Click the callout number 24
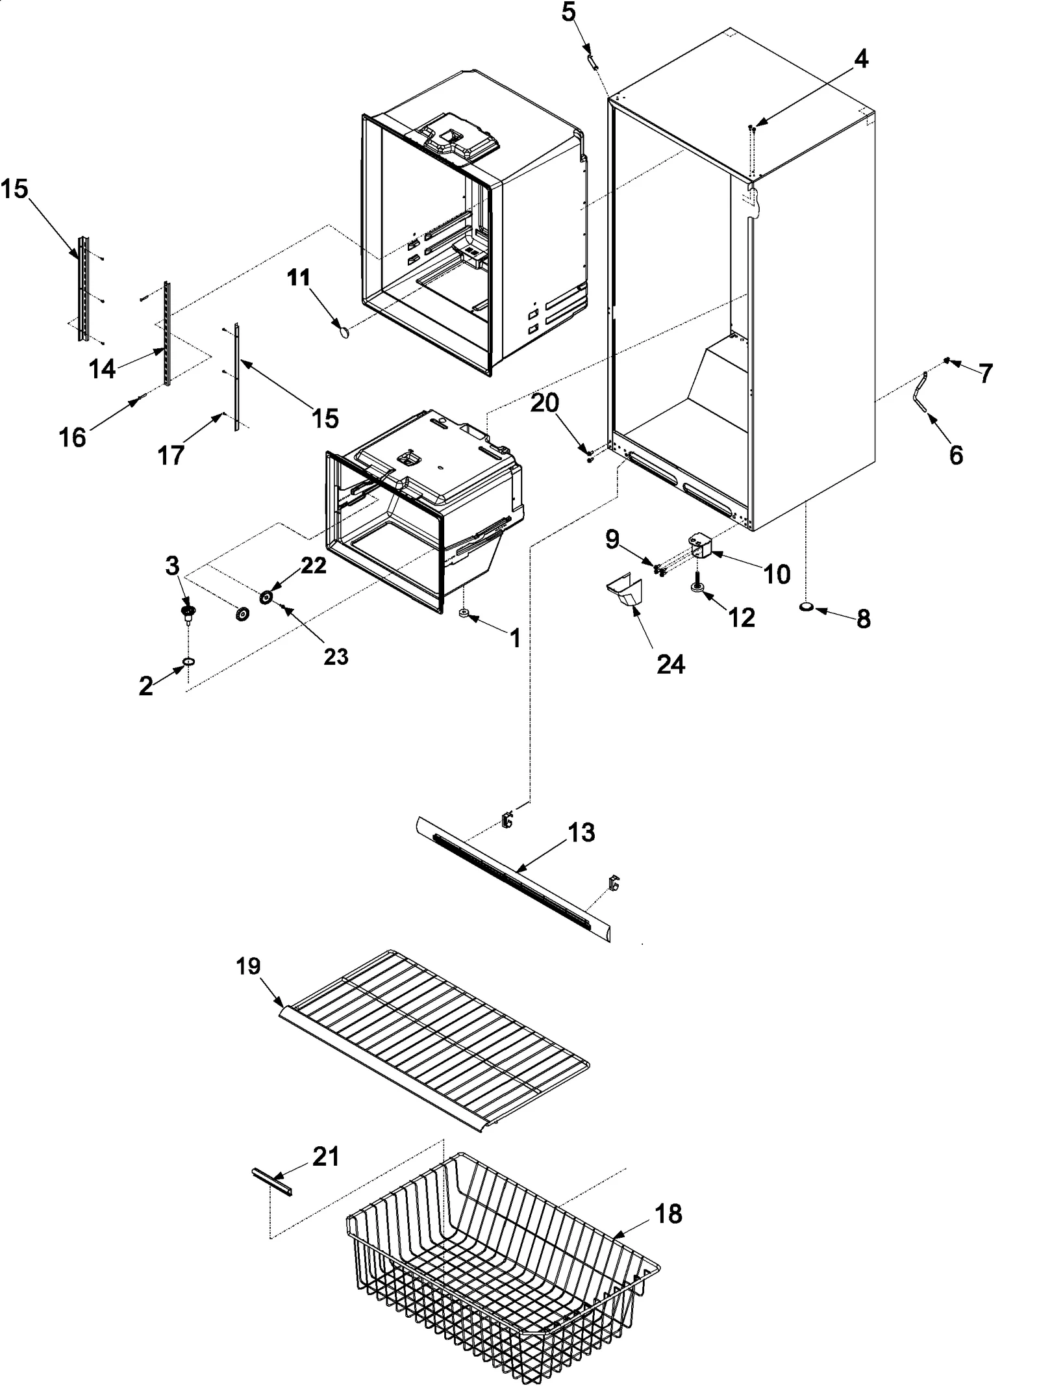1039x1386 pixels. click(670, 664)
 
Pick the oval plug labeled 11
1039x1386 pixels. click(344, 332)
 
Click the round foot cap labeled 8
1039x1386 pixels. click(807, 607)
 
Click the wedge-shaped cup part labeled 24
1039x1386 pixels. click(625, 591)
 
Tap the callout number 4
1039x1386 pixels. click(860, 60)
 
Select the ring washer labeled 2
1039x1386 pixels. click(188, 661)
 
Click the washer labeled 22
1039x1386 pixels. click(266, 597)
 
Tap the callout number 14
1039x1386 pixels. click(103, 368)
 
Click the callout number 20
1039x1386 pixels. click(545, 404)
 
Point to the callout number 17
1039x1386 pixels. click(171, 456)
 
